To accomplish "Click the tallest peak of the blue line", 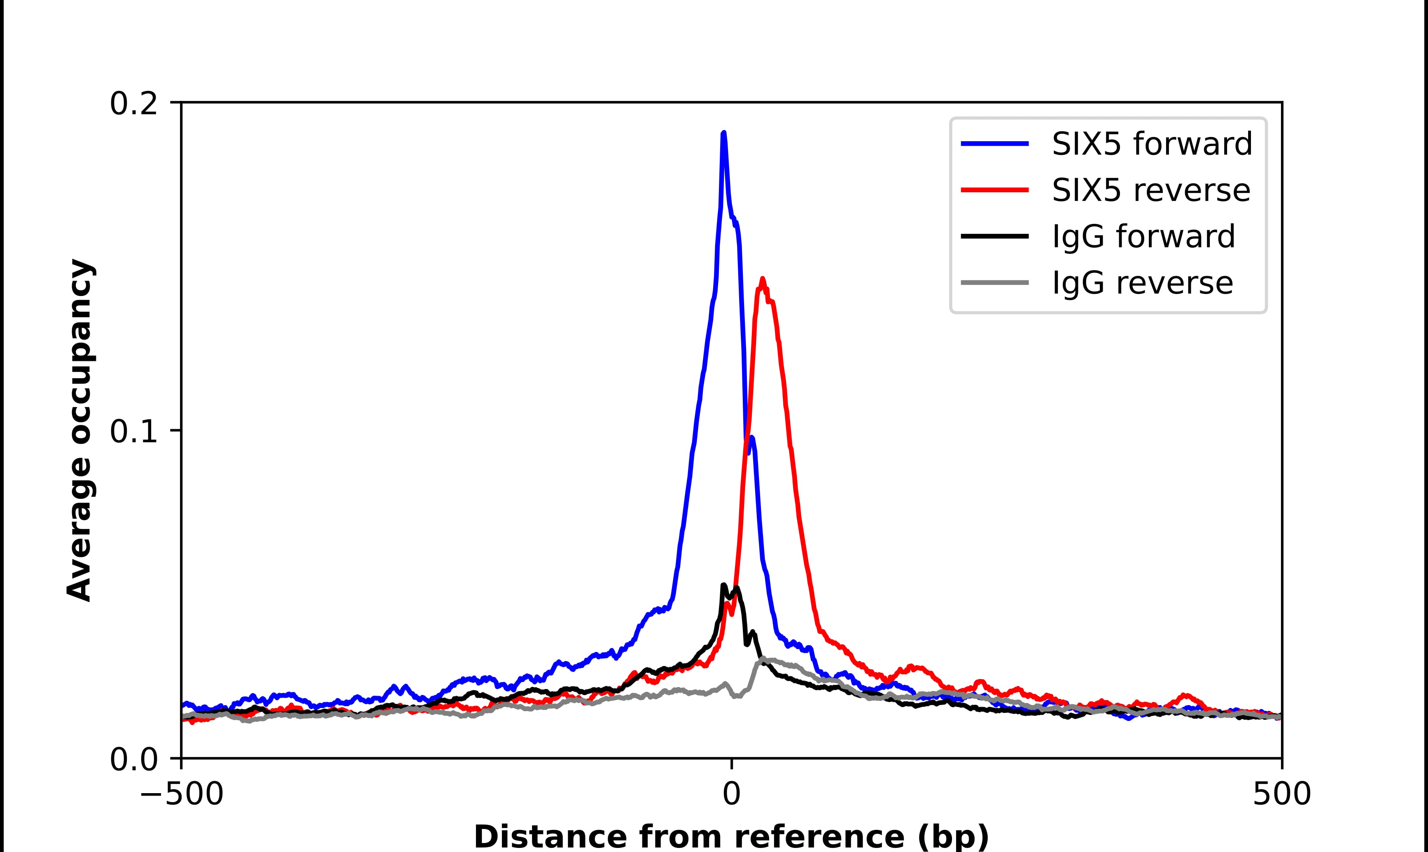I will coord(723,134).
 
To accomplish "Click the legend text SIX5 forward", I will coord(1152,144).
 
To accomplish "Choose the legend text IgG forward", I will coord(1143,237).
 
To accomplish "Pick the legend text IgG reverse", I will coord(1142,283).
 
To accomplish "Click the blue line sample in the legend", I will coord(994,144).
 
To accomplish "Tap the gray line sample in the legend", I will coord(994,282).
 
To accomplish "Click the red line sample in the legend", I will coord(994,190).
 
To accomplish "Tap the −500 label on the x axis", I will coord(182,795).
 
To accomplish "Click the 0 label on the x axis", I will coord(731,795).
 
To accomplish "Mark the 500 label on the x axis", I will coord(1281,795).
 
